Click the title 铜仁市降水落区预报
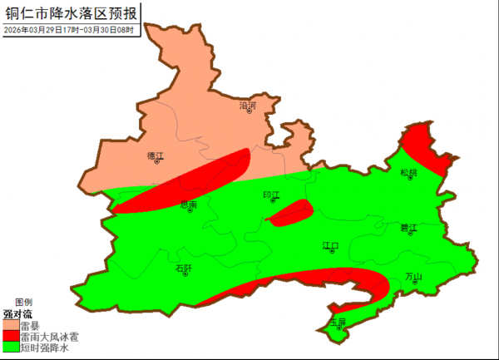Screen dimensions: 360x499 72,12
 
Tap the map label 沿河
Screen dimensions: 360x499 248,106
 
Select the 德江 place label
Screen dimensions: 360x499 156,155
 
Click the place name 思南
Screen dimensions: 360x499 189,204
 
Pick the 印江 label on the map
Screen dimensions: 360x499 271,195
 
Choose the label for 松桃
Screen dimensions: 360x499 408,173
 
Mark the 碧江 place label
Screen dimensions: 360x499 408,226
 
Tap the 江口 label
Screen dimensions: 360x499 331,246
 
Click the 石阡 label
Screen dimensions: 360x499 184,268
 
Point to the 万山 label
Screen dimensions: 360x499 413,277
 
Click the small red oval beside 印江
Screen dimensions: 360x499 290,213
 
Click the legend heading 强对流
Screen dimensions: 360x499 17,314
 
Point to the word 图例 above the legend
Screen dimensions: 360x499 23,302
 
